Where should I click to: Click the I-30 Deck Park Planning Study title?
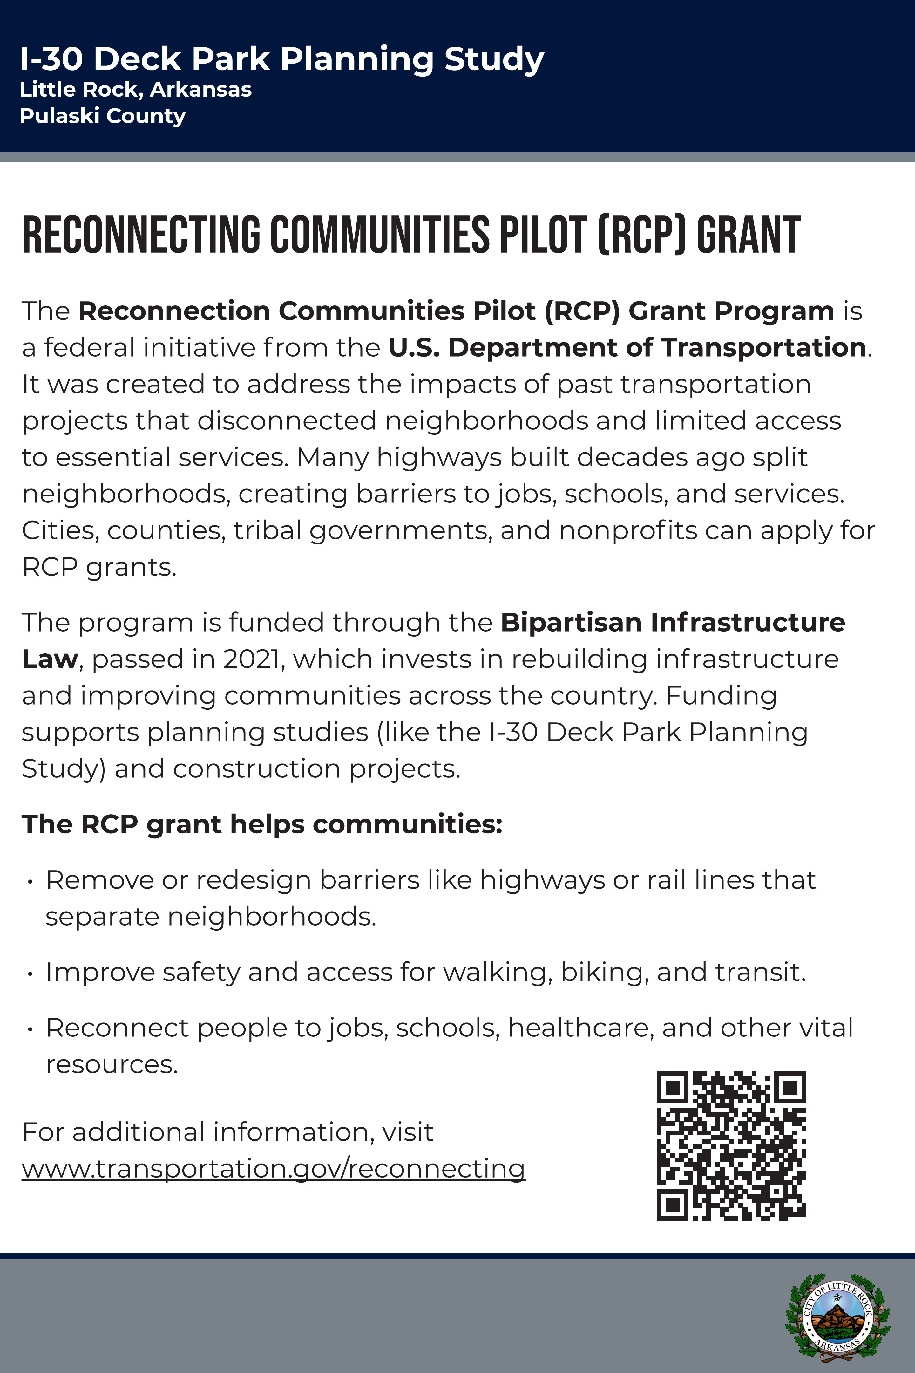282,59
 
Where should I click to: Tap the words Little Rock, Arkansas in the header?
135,90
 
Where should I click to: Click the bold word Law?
50,659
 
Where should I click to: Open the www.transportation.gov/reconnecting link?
273,1169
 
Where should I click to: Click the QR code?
731,1146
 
